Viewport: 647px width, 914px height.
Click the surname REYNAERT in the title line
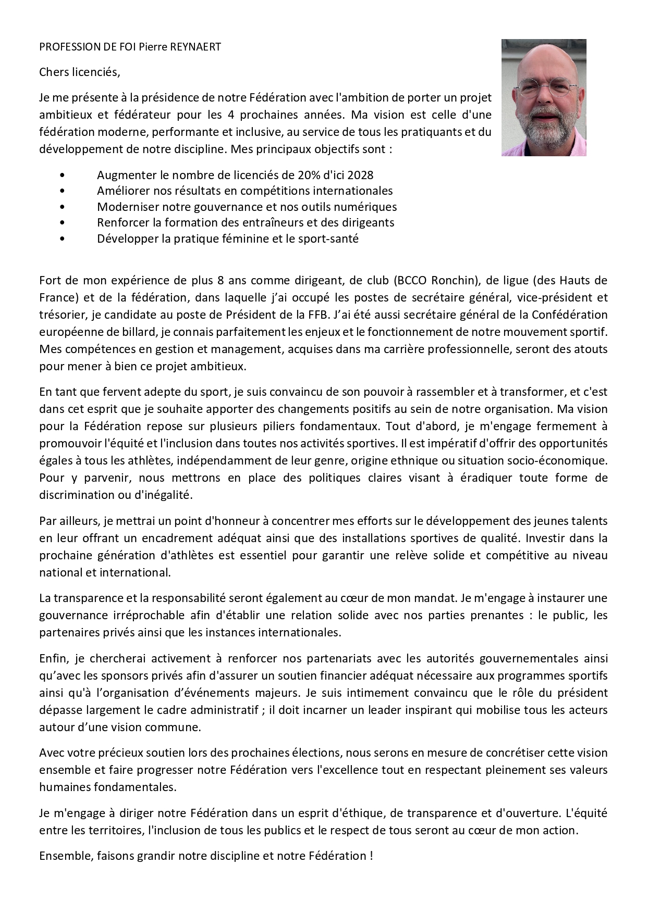point(195,47)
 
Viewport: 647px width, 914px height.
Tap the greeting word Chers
point(53,72)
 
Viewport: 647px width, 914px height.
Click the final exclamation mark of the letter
point(371,856)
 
